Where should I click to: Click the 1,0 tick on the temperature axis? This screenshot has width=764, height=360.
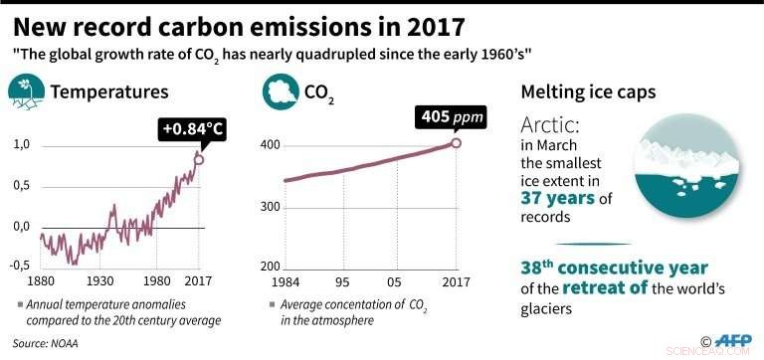(x=21, y=145)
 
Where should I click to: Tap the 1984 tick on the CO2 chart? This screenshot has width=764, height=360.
(x=285, y=280)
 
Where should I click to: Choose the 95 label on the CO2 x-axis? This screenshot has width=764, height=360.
(x=345, y=280)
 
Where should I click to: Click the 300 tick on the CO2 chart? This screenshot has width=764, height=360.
(x=270, y=207)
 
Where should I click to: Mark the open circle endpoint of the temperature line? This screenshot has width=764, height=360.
(x=199, y=159)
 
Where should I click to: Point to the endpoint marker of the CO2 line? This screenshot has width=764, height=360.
(x=456, y=143)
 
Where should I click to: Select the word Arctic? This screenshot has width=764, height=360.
(x=550, y=127)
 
